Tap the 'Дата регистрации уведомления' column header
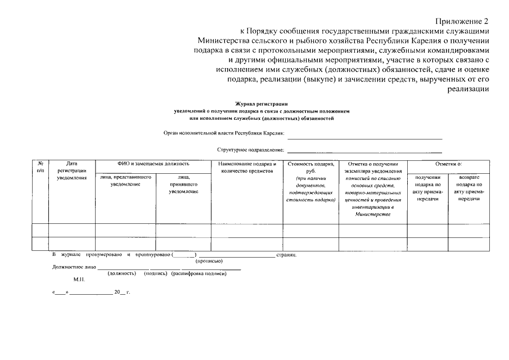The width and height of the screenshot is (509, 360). (x=71, y=170)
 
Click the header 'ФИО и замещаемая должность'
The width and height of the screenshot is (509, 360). (x=153, y=163)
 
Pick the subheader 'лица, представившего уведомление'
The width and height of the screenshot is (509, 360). (x=125, y=180)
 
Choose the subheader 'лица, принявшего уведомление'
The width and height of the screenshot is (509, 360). (x=183, y=184)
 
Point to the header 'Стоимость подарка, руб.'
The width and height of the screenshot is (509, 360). (x=310, y=166)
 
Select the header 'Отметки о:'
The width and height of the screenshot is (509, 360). (x=448, y=163)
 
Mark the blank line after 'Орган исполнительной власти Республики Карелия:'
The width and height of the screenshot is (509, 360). (x=364, y=138)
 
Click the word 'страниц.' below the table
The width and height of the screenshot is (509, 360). (x=287, y=255)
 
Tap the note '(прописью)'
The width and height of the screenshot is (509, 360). (x=209, y=262)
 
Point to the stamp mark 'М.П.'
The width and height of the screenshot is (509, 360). (x=79, y=279)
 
